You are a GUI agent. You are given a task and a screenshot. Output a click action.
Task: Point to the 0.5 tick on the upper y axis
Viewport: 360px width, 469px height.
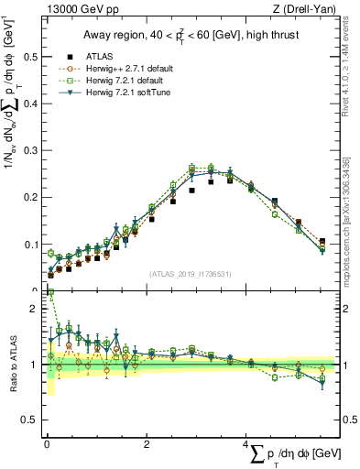tap(30, 56)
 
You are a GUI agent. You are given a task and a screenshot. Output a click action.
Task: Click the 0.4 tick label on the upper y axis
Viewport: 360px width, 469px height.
tap(30, 103)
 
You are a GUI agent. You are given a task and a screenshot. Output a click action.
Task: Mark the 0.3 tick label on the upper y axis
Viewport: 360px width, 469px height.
tap(30, 150)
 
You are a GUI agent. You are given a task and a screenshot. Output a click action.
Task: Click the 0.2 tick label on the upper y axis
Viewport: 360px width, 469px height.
tap(30, 197)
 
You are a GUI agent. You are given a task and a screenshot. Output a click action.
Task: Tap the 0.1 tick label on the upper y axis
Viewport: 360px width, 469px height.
tap(30, 245)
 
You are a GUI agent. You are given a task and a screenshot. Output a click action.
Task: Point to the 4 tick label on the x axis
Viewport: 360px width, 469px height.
tap(247, 444)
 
